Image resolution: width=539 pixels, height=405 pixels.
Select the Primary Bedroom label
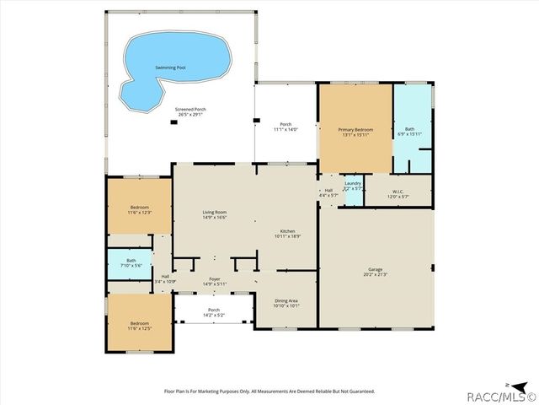[x=355, y=132]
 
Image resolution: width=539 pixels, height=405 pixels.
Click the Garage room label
[x=375, y=273]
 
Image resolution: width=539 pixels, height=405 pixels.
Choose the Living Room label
[x=214, y=214]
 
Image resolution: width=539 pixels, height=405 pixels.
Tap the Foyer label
[x=214, y=281]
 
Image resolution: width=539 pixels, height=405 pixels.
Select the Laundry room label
[x=353, y=186]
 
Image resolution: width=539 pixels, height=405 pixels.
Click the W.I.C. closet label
[x=398, y=193]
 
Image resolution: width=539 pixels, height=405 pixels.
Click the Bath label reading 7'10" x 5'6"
[x=131, y=263]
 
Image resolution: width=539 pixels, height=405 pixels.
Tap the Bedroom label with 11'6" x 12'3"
[x=139, y=209]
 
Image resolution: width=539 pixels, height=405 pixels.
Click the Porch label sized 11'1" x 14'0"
[x=286, y=127]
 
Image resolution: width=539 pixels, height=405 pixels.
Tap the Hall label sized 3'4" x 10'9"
[x=165, y=279]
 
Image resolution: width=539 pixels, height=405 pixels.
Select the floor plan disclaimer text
[x=269, y=391]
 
